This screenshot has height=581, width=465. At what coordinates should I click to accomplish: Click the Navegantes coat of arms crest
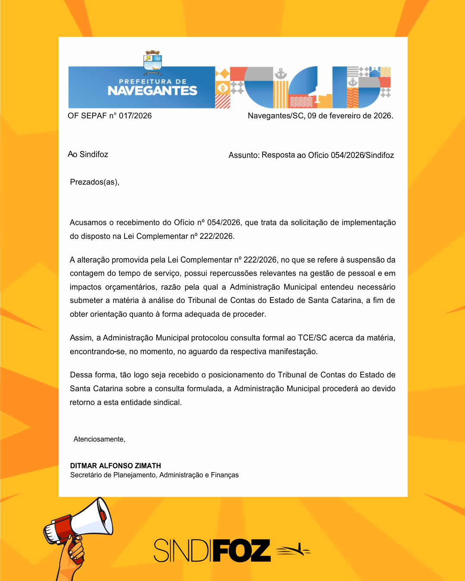[x=152, y=61]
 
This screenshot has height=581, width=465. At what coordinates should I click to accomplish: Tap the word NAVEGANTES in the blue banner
[x=152, y=91]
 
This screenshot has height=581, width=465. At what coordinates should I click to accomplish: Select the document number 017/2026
[x=135, y=116]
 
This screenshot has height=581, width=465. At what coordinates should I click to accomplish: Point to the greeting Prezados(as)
[x=94, y=182]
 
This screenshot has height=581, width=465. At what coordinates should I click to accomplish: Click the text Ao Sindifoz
[x=88, y=155]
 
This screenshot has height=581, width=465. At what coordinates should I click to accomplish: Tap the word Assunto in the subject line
[x=243, y=155]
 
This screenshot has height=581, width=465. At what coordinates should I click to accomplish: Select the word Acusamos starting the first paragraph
[x=88, y=223]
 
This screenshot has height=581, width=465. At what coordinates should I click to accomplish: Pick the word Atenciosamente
[x=99, y=439]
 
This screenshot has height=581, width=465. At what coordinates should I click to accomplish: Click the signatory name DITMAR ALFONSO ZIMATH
[x=115, y=466]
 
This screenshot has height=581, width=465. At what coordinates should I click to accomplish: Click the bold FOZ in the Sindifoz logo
[x=242, y=550]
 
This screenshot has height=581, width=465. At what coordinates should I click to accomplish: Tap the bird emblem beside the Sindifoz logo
[x=293, y=550]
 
